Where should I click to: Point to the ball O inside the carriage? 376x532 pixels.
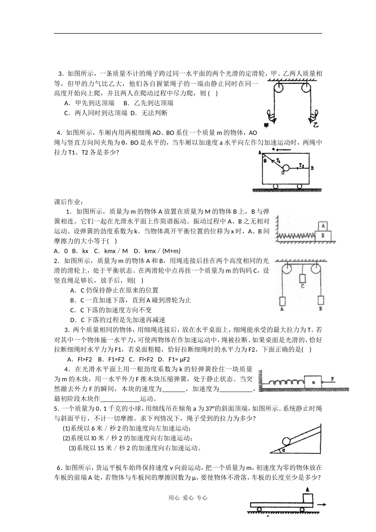tap(285, 168)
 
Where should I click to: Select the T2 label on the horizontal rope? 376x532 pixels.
tap(302, 164)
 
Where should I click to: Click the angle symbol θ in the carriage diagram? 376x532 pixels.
tap(265, 161)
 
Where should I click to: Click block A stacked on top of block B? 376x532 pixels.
tap(323, 226)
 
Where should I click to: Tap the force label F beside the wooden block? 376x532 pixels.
tap(333, 378)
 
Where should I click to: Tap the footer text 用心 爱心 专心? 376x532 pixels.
tap(188, 498)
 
